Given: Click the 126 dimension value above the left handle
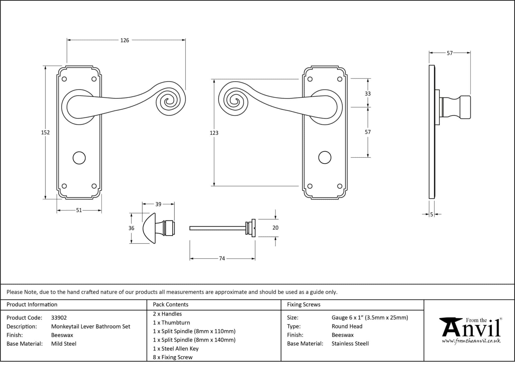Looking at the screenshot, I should (124, 40).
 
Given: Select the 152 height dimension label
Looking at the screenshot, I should (45, 132).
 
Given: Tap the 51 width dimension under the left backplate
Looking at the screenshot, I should (79, 210).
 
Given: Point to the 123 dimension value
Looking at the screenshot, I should (214, 133).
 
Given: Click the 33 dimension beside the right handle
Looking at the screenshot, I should (368, 94).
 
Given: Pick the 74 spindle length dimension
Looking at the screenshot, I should (222, 258).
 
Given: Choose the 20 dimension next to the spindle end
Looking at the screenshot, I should (275, 228).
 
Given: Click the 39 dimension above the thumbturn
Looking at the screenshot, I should (158, 204).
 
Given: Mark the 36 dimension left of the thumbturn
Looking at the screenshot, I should (131, 228).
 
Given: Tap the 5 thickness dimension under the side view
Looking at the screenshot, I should (432, 215).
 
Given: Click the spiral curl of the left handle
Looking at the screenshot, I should (171, 101).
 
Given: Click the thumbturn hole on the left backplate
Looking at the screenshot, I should (79, 158).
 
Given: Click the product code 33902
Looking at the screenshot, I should (59, 318).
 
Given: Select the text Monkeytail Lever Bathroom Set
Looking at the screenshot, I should (91, 327).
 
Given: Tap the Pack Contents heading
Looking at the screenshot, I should (170, 304).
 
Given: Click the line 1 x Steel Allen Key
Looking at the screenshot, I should (176, 349).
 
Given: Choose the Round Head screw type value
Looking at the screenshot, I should (347, 326).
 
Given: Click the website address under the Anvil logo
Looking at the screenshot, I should (471, 341).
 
